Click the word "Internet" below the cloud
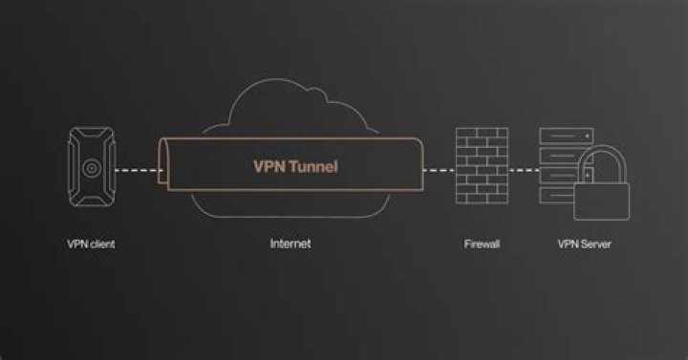pos(290,244)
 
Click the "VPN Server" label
pos(584,244)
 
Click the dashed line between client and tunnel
pos(137,170)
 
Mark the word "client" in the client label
pos(102,244)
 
